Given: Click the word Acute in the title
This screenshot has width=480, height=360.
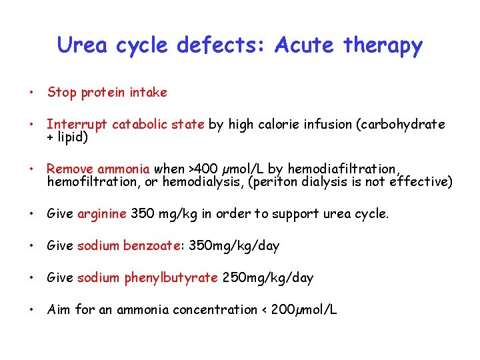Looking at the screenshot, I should [x=303, y=45].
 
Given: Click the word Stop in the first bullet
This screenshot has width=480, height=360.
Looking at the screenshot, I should [x=62, y=93].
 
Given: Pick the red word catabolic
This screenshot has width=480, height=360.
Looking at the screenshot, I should [x=141, y=125].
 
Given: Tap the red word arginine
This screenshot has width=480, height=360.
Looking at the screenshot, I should [x=102, y=214].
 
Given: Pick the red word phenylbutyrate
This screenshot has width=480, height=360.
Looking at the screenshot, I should [x=171, y=278].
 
